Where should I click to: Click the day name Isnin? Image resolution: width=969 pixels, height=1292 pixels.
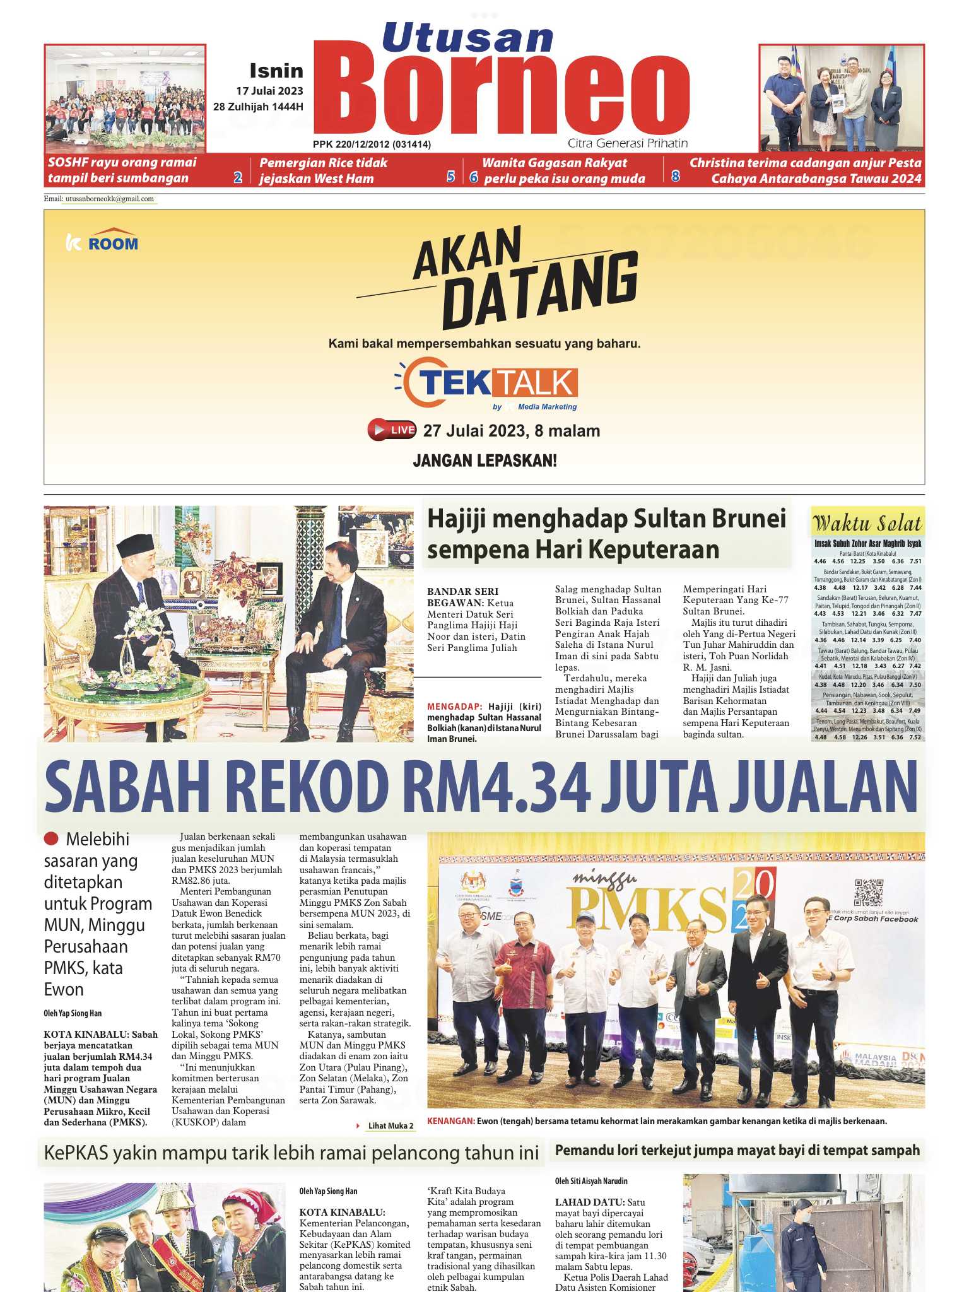[x=276, y=71]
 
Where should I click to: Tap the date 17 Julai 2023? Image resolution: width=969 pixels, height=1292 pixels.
[x=269, y=91]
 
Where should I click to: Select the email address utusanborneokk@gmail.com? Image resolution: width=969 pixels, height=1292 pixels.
[x=109, y=199]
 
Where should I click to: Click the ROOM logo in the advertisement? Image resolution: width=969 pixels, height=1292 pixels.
[x=102, y=242]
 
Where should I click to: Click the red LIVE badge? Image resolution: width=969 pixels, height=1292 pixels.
[x=392, y=430]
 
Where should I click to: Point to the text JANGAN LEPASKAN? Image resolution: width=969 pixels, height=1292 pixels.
[x=484, y=461]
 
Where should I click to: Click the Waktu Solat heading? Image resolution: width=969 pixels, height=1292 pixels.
[x=867, y=523]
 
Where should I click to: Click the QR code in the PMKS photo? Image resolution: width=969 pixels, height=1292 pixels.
[x=869, y=892]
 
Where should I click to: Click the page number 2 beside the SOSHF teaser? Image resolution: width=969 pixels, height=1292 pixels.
[x=238, y=177]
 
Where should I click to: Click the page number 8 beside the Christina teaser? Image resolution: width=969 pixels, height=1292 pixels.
[x=675, y=177]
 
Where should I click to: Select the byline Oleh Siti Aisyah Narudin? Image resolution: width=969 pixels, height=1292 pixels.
[x=591, y=1181]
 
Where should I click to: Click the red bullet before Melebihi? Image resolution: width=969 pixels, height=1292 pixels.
[x=51, y=839]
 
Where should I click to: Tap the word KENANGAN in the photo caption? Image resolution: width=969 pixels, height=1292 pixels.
[x=450, y=1121]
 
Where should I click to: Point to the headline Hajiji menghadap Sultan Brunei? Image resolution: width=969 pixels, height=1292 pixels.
[x=606, y=519]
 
